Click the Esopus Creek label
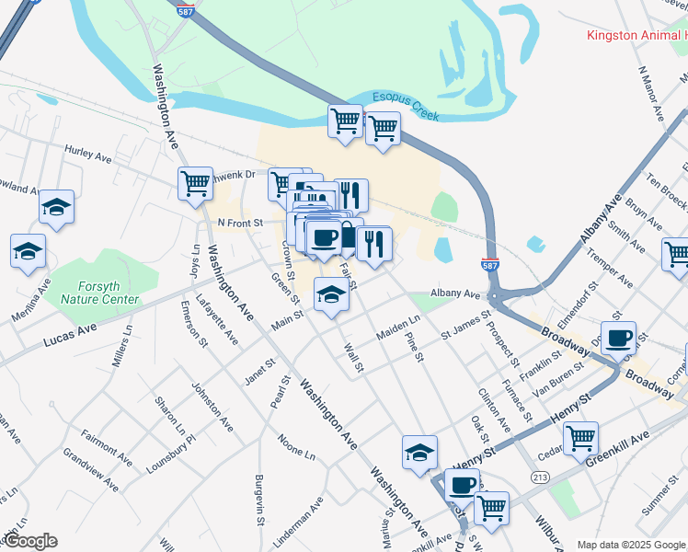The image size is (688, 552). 406,105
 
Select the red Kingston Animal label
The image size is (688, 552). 636,36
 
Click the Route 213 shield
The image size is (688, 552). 539,476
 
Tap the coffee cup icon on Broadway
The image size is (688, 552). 618,338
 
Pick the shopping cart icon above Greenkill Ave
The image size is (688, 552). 580,439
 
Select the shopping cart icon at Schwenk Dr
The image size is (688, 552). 195,184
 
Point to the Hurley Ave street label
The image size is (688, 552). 87,152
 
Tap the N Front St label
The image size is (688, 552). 240,223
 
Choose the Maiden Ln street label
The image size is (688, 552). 398,328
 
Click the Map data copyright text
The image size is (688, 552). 631,545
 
